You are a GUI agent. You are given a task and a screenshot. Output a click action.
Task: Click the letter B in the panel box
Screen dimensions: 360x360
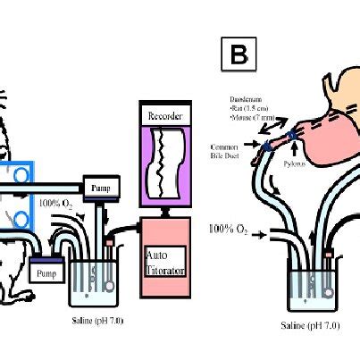coord(239,54)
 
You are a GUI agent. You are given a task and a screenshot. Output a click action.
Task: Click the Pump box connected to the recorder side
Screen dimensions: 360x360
coord(97,187)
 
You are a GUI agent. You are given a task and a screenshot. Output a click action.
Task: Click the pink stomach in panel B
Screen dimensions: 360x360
coord(326,125)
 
